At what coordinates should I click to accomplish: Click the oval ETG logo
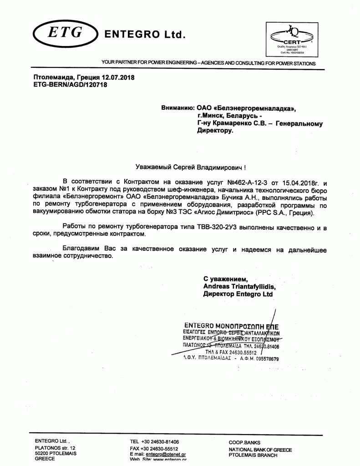pyautogui.click(x=65, y=32)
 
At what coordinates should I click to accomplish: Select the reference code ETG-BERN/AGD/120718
pyautogui.click(x=70, y=85)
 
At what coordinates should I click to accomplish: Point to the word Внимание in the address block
pyautogui.click(x=178, y=108)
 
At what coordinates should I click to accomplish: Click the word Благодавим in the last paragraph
pyautogui.click(x=82, y=250)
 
